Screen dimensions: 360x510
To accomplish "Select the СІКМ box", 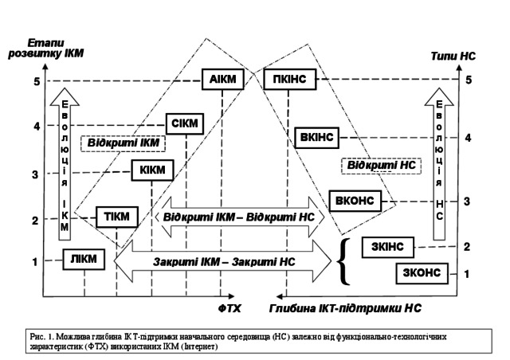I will pyautogui.click(x=185, y=124).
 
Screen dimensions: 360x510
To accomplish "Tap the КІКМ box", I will pyautogui.click(x=151, y=170).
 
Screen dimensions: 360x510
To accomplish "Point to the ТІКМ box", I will pyautogui.click(x=116, y=216).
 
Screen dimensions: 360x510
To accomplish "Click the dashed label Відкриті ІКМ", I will pyautogui.click(x=123, y=143).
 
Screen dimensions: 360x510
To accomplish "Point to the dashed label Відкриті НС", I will pyautogui.click(x=379, y=165).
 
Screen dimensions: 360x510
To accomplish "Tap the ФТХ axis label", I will pyautogui.click(x=230, y=306).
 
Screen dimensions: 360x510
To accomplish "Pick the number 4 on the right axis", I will pyautogui.click(x=469, y=137).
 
